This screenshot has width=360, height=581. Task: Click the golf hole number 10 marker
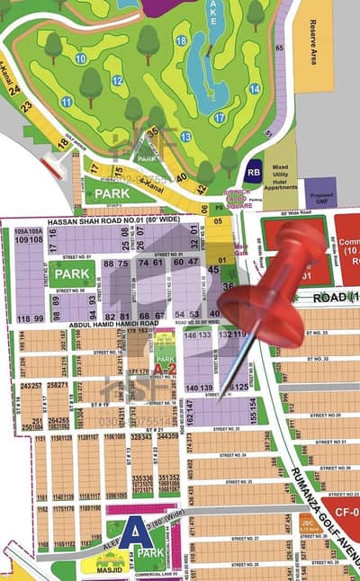81,58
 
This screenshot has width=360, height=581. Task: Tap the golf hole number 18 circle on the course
182,40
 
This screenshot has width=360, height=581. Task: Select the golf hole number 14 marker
255,89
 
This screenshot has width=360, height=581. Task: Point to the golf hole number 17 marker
220,118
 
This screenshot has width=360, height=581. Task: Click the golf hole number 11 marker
67,102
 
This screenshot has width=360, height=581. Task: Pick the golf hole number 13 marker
185,137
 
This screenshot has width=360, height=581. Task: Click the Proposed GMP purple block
320,192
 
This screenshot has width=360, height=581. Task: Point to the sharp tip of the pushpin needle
220,390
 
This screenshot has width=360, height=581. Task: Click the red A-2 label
164,368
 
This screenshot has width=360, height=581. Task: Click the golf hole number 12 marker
117,80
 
